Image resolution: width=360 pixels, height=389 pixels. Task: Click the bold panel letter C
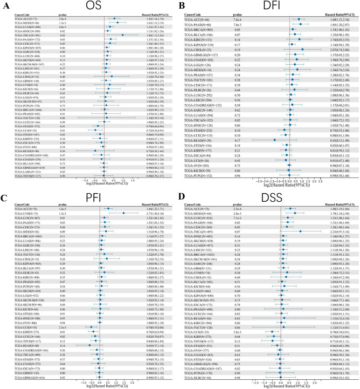coord(4,199)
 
